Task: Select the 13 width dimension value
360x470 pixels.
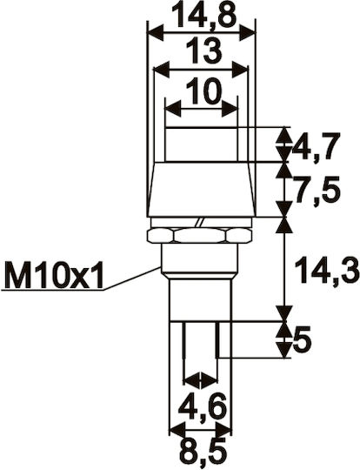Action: point(204,51)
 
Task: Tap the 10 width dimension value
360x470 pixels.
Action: point(204,91)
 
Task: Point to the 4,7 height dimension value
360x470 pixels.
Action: point(316,146)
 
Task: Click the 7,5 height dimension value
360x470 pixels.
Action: point(317,191)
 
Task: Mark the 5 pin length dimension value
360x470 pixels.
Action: point(303,340)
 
